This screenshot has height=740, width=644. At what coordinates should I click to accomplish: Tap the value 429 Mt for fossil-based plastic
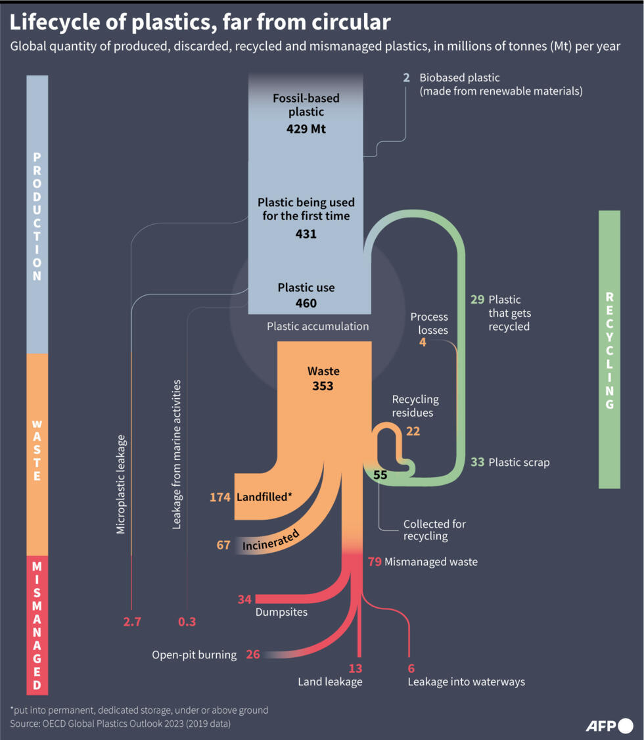306,129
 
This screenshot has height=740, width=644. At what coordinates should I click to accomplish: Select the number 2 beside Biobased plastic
406,78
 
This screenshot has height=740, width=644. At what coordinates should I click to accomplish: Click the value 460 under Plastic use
306,303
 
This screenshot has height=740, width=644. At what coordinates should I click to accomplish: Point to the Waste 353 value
323,386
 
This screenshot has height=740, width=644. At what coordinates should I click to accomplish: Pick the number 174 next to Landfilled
220,497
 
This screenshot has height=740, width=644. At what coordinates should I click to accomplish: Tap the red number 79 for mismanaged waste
375,562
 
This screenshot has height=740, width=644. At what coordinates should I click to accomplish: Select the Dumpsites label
281,612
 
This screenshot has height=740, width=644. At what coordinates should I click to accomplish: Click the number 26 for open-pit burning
254,655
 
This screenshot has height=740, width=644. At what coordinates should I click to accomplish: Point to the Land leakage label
330,682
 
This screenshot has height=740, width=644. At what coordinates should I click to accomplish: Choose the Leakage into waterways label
467,682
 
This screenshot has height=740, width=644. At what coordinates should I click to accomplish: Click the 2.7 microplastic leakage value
132,621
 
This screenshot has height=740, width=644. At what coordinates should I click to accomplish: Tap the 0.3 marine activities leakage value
187,621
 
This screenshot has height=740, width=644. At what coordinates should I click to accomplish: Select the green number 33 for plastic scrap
478,462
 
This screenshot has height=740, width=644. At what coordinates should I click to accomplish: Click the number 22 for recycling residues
413,431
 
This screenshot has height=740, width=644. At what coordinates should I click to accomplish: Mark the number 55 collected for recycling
380,474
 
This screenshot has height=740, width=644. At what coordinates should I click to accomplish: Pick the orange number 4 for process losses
423,342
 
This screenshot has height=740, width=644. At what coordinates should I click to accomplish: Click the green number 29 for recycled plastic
478,299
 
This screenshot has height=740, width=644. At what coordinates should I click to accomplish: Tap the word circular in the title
346,23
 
